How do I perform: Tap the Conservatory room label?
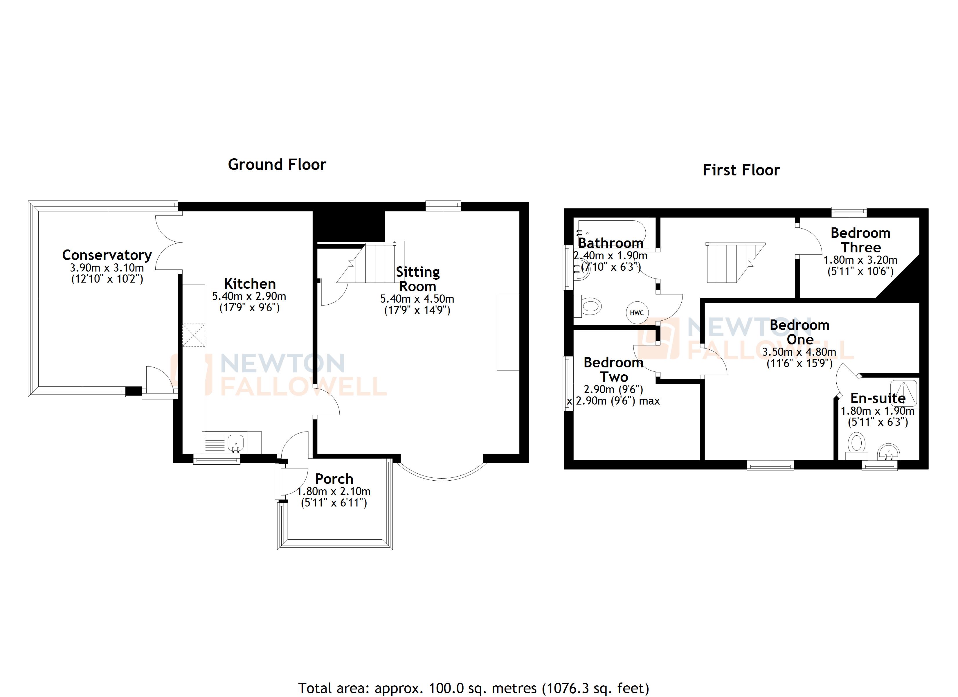107,255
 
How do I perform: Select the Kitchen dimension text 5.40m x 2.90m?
249,296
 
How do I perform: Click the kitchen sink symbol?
235,442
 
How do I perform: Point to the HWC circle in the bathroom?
637,313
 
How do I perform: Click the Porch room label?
334,479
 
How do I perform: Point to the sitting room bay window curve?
442,479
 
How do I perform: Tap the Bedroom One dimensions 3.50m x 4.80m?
799,352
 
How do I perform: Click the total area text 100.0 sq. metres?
473,688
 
